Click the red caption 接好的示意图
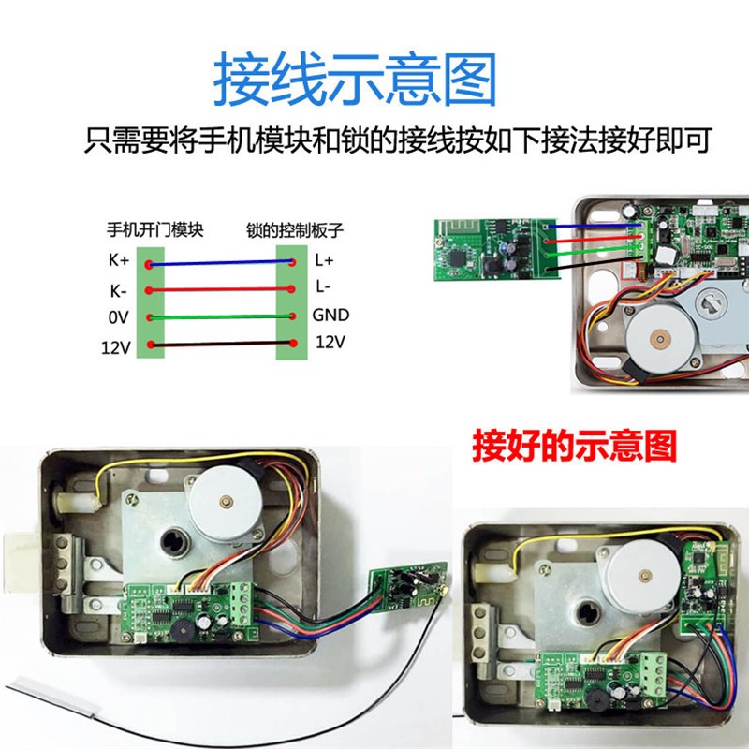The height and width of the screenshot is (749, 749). [x=574, y=446]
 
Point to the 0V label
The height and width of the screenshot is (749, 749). [x=117, y=318]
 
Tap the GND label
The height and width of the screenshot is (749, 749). [x=330, y=316]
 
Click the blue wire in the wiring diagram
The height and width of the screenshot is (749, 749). [x=220, y=264]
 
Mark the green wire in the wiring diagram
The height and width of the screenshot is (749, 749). [x=220, y=318]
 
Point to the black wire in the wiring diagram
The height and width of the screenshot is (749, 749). [x=220, y=346]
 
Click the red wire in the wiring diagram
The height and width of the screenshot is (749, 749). [x=220, y=291]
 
